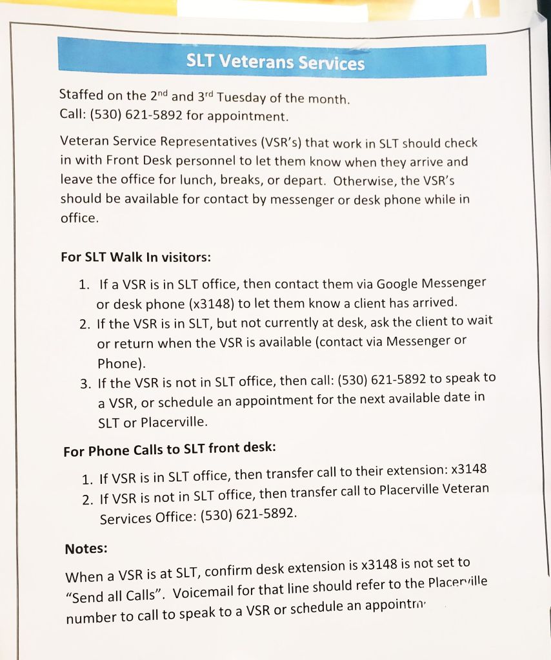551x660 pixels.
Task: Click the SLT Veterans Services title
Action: click(x=275, y=62)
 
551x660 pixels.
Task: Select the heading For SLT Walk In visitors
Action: click(x=135, y=257)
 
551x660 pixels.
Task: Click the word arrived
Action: click(x=434, y=302)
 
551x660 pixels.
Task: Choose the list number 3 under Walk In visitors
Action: click(x=85, y=385)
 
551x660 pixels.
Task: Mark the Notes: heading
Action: click(x=86, y=548)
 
